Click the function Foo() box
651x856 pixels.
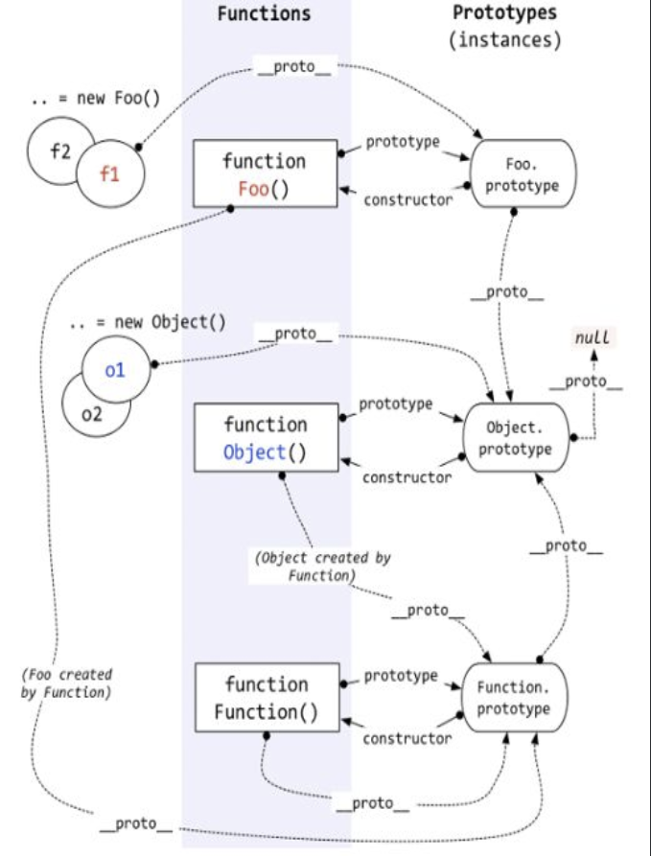(x=266, y=174)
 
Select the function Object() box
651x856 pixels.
(x=266, y=437)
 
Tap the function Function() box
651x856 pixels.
(x=267, y=698)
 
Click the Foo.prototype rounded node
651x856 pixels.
(x=523, y=174)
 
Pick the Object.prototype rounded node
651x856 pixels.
(x=516, y=437)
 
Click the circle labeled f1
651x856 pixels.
(x=110, y=174)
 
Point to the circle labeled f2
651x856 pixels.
(x=60, y=151)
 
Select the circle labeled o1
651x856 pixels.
(x=116, y=370)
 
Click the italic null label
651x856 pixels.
(x=592, y=337)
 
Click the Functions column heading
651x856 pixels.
(x=265, y=13)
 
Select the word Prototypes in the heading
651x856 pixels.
(x=504, y=13)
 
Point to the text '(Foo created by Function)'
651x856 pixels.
(x=66, y=683)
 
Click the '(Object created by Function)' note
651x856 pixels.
(x=323, y=567)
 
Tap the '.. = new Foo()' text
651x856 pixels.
(x=96, y=99)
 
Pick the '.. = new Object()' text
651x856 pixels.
(x=148, y=323)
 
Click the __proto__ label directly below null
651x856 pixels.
(x=586, y=382)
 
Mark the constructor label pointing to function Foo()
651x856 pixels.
(x=408, y=200)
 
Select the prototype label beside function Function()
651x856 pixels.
(x=402, y=677)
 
